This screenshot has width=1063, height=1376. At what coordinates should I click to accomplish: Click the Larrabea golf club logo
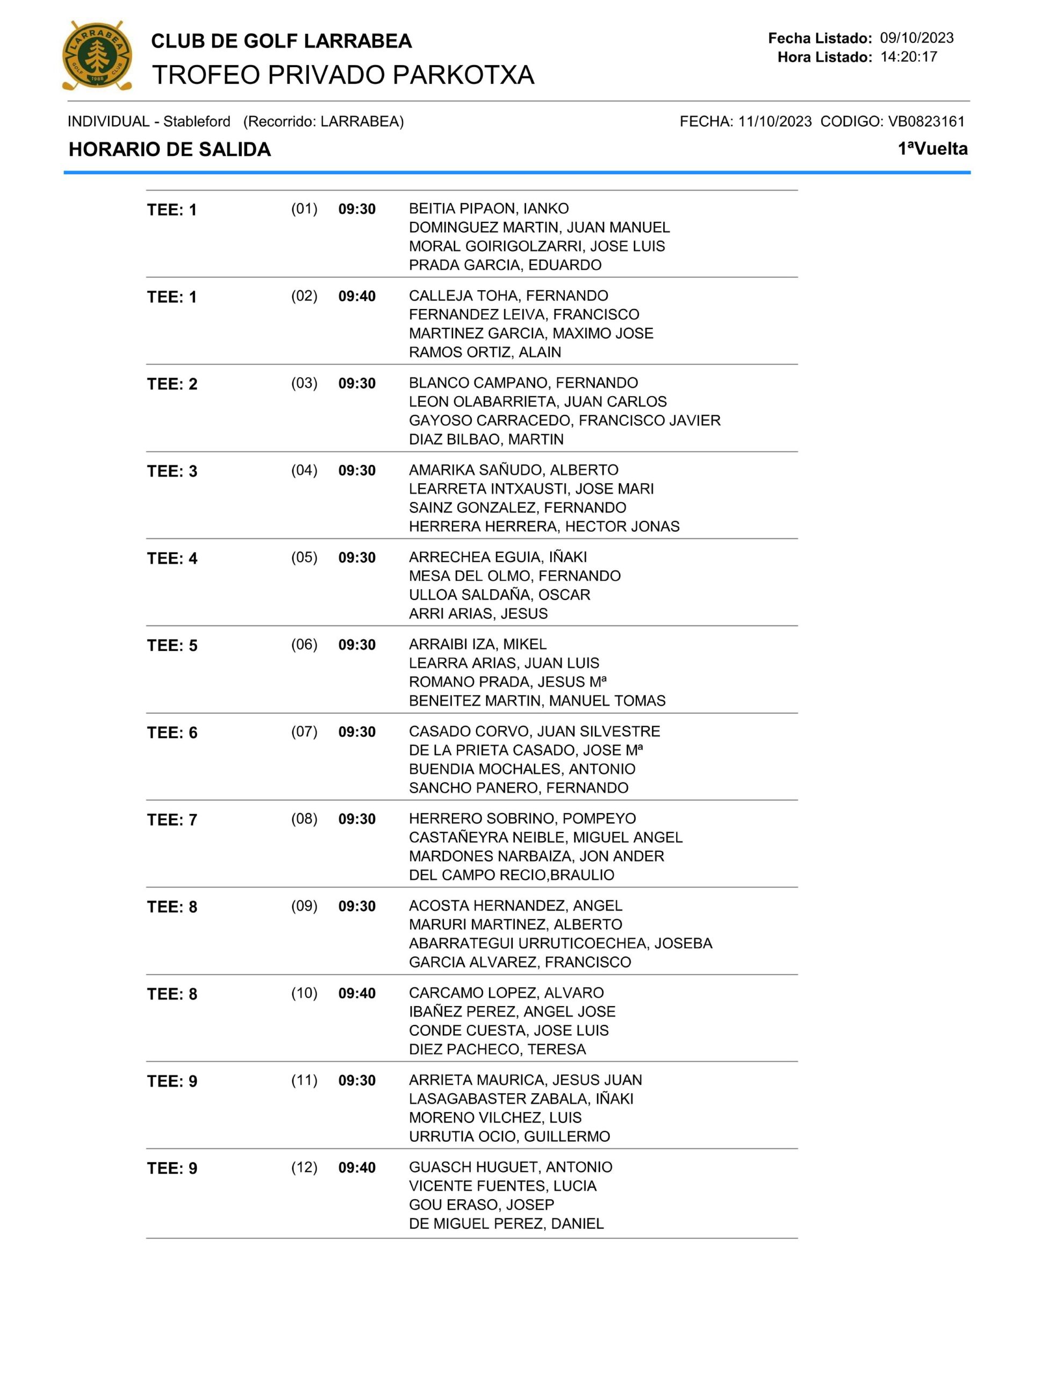click(97, 55)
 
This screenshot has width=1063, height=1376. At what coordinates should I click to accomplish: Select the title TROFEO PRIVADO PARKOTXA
click(343, 75)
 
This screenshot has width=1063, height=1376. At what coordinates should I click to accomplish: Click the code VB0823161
click(925, 121)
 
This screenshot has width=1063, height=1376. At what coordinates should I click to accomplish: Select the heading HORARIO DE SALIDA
click(169, 149)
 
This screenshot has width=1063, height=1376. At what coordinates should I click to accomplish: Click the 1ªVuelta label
click(932, 149)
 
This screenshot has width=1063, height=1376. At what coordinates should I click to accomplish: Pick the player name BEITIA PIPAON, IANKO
click(489, 209)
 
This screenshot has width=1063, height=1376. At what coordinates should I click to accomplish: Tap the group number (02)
click(304, 296)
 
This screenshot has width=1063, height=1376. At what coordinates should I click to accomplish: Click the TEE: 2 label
click(172, 384)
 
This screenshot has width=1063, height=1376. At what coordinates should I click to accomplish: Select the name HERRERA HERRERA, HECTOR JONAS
click(544, 526)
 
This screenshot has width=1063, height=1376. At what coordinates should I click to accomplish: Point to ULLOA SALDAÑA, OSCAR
click(499, 595)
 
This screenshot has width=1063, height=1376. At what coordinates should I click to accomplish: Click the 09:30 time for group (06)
click(357, 644)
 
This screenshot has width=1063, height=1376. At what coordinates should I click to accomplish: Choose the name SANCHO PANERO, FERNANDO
click(518, 787)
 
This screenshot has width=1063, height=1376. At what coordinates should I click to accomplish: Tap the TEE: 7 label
click(172, 820)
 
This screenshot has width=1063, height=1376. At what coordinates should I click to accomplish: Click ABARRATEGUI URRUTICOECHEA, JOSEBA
click(560, 943)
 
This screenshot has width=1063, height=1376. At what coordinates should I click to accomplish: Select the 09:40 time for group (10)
click(357, 993)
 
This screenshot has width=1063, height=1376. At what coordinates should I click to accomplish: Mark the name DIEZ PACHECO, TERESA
click(497, 1049)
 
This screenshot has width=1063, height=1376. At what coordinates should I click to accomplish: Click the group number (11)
click(304, 1080)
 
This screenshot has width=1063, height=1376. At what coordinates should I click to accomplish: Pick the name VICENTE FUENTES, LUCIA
click(502, 1186)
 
